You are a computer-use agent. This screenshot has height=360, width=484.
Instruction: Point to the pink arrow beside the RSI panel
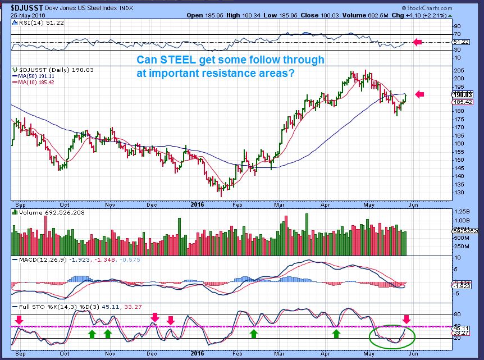(x=417, y=42)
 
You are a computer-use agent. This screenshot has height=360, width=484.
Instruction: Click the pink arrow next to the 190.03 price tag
(x=419, y=94)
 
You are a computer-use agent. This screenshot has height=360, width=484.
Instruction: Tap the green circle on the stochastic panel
(x=392, y=335)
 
